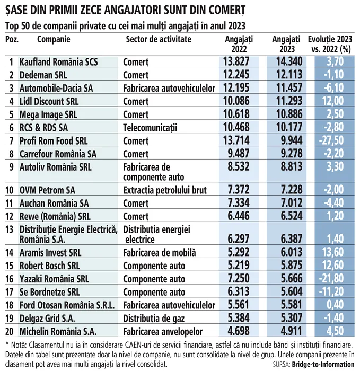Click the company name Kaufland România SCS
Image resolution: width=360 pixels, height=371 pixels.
[58, 62]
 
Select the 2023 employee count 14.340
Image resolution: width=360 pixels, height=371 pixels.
[289, 61]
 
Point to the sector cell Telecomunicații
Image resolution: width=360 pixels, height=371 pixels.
[150, 128]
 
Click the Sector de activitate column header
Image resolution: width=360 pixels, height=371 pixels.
[159, 39]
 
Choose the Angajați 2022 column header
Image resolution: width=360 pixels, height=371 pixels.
[239, 44]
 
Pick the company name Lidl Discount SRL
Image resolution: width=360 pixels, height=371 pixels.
[49, 102]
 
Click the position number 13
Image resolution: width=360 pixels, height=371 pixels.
[10, 229]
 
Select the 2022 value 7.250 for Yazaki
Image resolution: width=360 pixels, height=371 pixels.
[239, 278]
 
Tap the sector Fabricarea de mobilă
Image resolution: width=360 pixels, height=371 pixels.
[160, 253]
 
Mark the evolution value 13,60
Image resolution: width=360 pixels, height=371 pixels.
[333, 252]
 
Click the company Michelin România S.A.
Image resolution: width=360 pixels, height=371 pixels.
[58, 331]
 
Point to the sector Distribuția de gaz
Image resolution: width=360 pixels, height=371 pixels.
[154, 319]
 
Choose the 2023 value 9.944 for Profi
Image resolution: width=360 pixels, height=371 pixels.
[292, 140]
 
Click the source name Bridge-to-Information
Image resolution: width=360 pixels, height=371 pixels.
[323, 365]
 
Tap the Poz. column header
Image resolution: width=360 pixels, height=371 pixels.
[12, 39]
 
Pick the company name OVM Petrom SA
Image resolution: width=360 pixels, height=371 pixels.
[47, 190]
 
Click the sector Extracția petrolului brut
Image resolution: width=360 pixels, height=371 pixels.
[165, 190]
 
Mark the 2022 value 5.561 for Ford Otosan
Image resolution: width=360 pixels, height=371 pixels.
[239, 305]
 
